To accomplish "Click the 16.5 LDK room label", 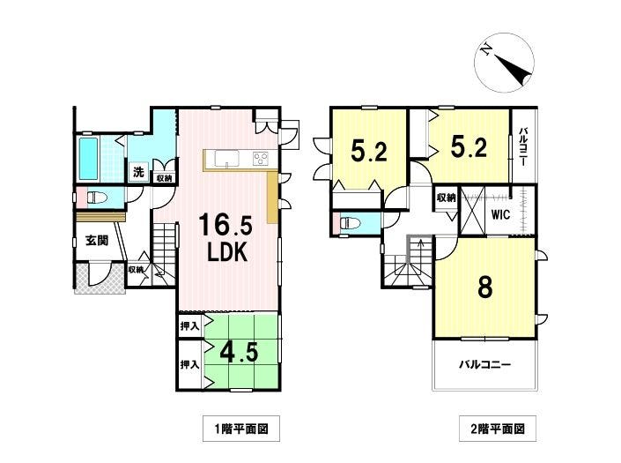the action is [225, 238].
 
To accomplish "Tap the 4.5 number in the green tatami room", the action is [239, 351].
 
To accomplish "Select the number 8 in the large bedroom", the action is [485, 288].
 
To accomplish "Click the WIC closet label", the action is [500, 214].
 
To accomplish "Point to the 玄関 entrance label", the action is [97, 240].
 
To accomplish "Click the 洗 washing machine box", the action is [138, 172].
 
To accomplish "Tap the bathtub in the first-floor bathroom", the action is [88, 158].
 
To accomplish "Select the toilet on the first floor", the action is [97, 197].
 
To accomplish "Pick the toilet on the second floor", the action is [350, 223].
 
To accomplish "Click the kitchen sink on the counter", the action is [227, 159].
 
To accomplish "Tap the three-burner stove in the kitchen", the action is [260, 159].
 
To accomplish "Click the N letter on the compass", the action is [486, 50].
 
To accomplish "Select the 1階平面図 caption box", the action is [241, 429].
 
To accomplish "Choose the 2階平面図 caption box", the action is [498, 429].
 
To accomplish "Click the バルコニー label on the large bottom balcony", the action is [484, 364].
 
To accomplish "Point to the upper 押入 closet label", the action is [189, 326].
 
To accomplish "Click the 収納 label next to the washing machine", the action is [164, 178].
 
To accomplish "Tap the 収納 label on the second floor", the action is [446, 198].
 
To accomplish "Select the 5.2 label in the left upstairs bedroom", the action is [369, 151].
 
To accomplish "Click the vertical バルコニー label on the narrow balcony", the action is [522, 146].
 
